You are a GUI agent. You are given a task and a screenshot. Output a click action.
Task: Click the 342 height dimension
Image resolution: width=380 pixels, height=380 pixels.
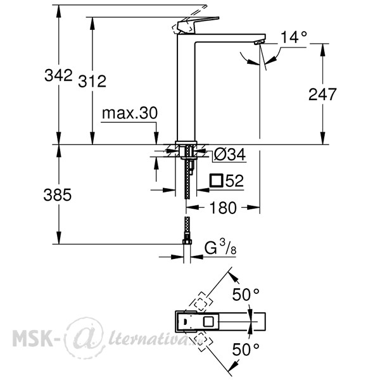point(58,75)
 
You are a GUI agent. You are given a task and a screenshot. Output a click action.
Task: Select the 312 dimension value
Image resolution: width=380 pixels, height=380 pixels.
point(92,81)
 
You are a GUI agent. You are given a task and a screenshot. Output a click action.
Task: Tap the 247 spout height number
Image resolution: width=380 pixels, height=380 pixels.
point(322,94)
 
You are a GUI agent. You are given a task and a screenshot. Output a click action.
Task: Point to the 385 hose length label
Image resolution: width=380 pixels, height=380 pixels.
point(58,194)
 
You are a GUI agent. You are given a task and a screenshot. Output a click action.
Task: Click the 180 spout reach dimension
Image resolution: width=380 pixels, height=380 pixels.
point(223,208)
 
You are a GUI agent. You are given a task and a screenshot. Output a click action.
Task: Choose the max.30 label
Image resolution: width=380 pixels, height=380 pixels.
point(130,113)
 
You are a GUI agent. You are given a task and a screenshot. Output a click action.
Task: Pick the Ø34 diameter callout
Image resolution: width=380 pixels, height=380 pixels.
point(230,154)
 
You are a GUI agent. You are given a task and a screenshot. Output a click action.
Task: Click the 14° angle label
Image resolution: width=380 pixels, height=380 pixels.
point(294,37)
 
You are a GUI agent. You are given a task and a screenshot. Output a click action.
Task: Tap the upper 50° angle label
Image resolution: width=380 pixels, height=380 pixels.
point(246,294)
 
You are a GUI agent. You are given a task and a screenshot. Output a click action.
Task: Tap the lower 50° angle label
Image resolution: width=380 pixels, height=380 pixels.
point(246,350)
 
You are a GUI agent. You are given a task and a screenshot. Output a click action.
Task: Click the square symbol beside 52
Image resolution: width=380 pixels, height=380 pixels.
point(217,180)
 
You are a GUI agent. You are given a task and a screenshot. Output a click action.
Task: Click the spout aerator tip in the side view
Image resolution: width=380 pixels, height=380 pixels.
point(258,42)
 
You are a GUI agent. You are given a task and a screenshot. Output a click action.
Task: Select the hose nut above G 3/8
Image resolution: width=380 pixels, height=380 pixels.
point(187,241)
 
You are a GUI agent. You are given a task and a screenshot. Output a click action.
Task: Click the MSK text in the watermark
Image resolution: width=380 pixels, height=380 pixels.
point(33,338)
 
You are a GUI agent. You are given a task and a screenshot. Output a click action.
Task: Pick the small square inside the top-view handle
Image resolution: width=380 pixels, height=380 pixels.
point(208,322)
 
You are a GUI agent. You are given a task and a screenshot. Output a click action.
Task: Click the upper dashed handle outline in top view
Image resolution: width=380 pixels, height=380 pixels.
point(200,303)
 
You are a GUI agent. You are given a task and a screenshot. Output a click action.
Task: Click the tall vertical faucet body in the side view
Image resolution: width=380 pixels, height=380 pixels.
point(186,87)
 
